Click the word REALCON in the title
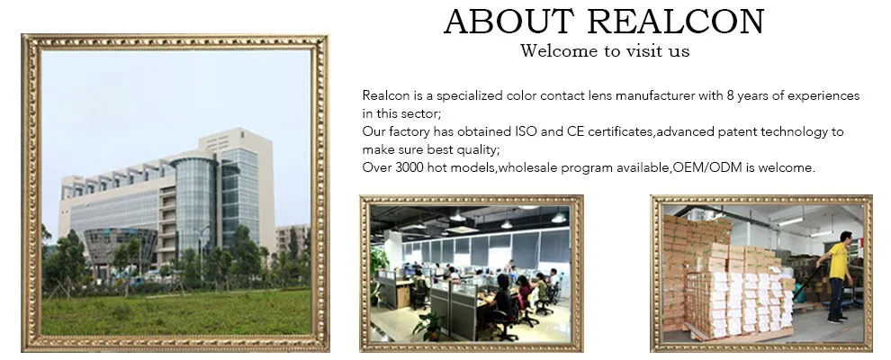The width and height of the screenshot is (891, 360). (x=676, y=22)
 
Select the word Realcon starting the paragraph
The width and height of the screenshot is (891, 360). (x=382, y=95)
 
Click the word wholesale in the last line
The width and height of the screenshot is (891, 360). (x=523, y=168)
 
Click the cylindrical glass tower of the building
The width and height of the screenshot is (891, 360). (x=194, y=204)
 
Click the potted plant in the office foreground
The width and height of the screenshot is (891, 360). (x=429, y=324)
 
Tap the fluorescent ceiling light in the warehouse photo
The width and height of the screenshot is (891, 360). (x=790, y=221)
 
